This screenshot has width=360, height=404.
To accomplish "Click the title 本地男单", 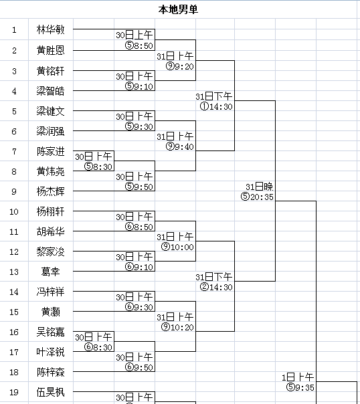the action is [178, 9].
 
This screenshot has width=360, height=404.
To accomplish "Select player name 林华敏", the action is [50, 29].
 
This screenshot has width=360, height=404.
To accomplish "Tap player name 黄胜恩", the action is [50, 50].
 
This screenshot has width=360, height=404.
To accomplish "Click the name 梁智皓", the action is [50, 91].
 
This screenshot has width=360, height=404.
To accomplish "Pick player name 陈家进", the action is [50, 151].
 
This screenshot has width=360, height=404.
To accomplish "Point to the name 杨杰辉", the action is [50, 191].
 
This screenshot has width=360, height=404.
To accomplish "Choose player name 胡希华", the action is [50, 231].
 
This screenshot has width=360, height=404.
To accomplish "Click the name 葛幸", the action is [50, 272].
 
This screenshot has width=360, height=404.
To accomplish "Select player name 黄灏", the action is [50, 312].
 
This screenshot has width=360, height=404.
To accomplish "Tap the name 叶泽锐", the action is [50, 352].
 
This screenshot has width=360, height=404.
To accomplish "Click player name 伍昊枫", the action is [50, 392].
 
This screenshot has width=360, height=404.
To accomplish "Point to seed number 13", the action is [14, 272].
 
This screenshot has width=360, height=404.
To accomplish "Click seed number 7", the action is [14, 151].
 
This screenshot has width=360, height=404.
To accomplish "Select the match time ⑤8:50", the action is [139, 45].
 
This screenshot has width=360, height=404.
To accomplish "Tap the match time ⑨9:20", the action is [180, 66].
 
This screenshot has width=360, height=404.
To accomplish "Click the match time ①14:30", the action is [216, 106].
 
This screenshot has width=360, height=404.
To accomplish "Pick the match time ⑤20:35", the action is [257, 197].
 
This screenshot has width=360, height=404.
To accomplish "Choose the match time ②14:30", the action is [216, 287].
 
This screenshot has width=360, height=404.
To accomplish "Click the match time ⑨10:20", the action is [177, 327].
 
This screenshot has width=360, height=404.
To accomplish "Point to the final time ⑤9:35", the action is [300, 387].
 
